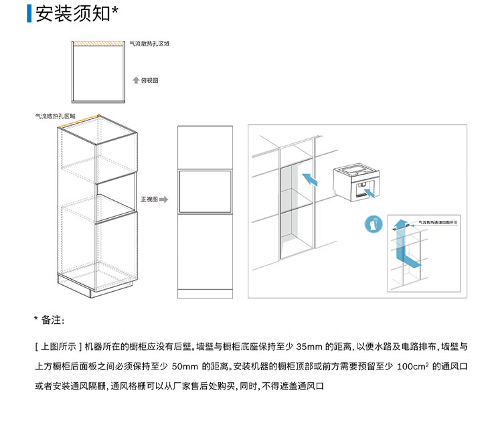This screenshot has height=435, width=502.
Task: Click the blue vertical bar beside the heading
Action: [29, 13]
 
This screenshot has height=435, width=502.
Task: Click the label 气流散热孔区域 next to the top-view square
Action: [149, 43]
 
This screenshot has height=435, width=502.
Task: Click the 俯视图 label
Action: [150, 80]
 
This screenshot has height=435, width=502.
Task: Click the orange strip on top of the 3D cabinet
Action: [78, 122]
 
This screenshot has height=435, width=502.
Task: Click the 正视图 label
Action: [149, 199]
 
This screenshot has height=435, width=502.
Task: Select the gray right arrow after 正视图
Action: [164, 199]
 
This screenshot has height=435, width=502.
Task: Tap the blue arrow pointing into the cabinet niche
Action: [309, 179]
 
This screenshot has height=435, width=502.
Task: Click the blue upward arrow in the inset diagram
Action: [399, 224]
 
